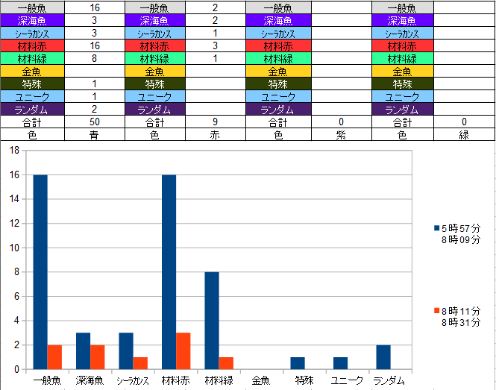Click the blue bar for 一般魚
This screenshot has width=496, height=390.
[40, 272]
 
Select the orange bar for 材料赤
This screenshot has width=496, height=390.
[183, 350]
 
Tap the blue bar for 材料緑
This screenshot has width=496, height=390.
[212, 321]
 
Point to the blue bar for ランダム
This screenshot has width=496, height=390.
[383, 356]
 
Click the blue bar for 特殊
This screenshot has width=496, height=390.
[298, 363]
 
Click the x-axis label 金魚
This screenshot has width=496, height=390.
[261, 380]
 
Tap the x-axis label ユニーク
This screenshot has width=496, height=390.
[347, 380]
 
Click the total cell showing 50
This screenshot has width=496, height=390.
[95, 122]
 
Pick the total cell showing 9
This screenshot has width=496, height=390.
[215, 122]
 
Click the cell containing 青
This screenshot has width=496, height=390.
[95, 135]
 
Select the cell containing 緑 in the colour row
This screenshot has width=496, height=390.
[464, 135]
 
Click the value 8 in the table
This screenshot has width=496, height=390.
[95, 58]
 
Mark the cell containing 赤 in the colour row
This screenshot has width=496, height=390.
[215, 135]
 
